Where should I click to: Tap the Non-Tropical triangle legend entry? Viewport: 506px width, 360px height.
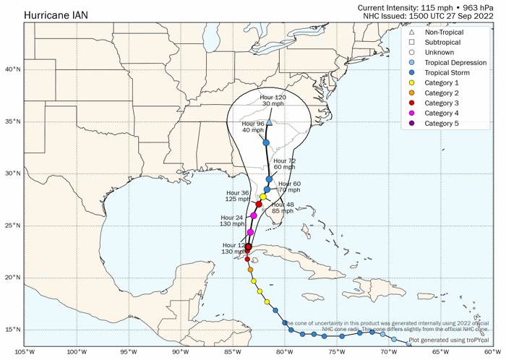[444, 33]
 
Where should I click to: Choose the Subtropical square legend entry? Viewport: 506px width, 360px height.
[441, 43]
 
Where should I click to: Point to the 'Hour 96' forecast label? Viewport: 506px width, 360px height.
[253, 124]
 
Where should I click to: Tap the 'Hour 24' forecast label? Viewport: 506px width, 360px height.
[231, 217]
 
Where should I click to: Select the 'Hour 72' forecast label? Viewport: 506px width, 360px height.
[284, 160]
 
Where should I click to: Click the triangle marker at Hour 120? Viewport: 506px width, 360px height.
[269, 123]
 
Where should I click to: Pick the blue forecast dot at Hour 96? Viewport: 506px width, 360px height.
[266, 142]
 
